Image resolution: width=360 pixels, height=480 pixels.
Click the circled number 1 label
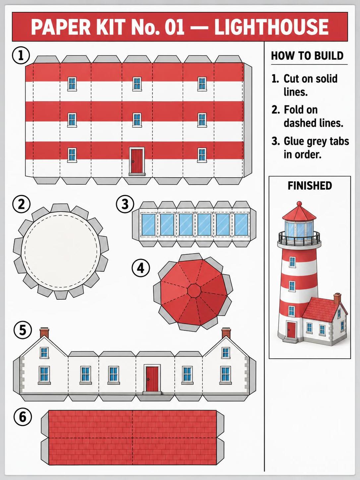coord(21,56)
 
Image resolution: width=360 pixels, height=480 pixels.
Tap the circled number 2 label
coord(22,205)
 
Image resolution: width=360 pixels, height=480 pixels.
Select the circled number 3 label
coord(125,204)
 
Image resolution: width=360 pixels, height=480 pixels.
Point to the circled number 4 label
coord(141,268)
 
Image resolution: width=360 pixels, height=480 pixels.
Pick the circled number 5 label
coord(23,330)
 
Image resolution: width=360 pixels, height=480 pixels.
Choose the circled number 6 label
coord(23,417)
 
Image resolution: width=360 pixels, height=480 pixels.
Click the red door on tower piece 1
coord(137,161)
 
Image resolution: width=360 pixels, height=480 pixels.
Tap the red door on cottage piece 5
coord(152,380)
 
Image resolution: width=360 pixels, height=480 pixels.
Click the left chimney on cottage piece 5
coord(44,333)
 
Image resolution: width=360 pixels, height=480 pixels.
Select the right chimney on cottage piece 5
coord(226,333)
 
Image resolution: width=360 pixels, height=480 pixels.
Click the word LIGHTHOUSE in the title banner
coord(271,27)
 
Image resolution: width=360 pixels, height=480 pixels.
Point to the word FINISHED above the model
coord(310,186)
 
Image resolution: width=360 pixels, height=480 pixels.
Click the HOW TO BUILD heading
coord(307,56)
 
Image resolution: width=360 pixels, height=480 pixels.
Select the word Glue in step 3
coord(293,142)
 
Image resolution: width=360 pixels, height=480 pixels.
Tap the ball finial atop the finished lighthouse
coord(299,204)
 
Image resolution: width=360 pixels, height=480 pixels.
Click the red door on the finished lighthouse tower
coord(291,330)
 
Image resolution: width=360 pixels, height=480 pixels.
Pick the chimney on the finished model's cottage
coord(337,299)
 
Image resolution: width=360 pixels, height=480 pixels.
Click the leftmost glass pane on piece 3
coord(149,224)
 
